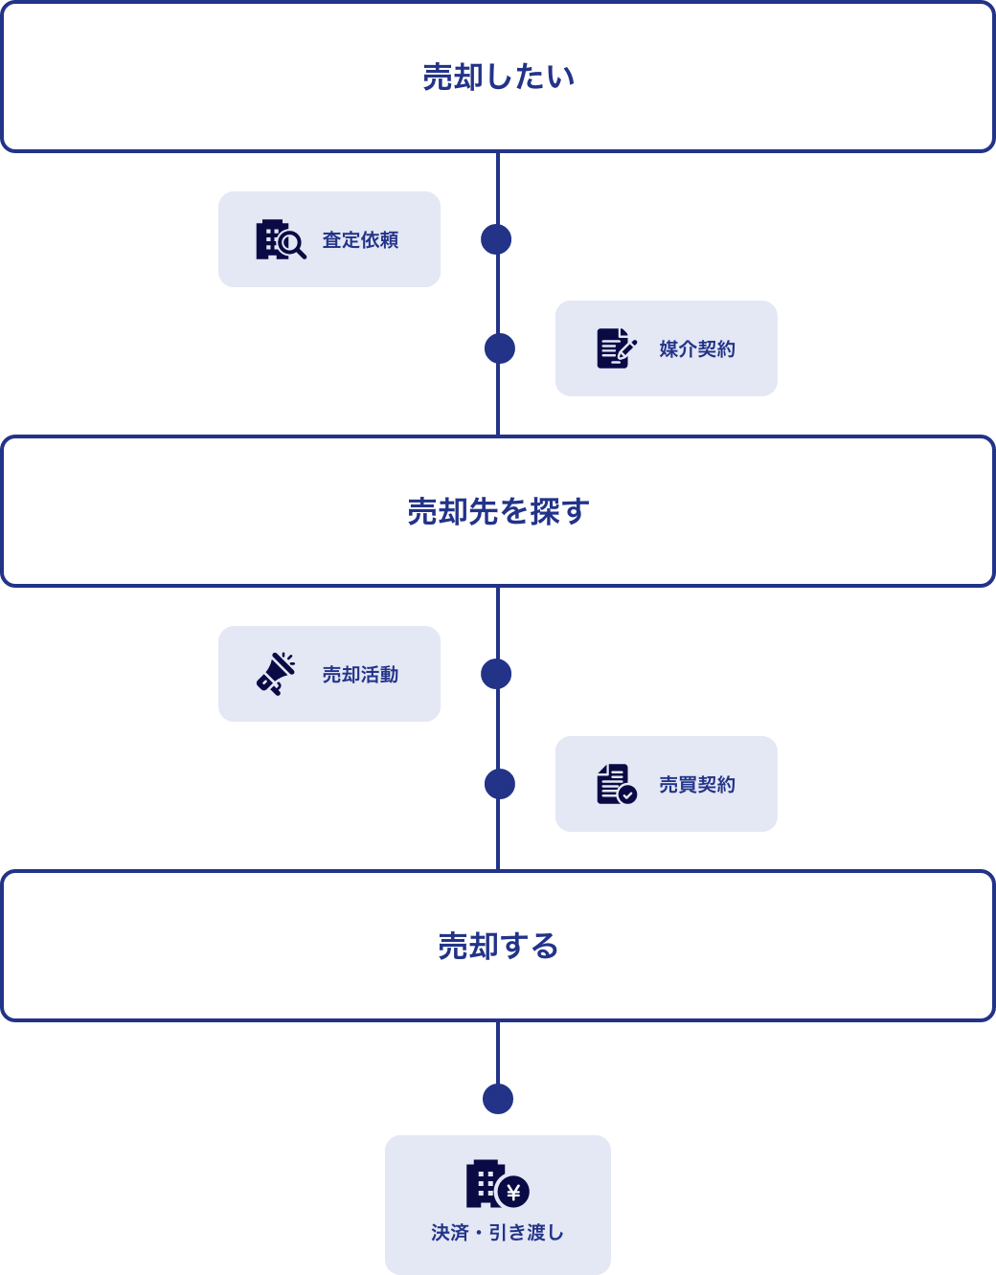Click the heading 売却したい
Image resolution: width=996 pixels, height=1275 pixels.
[x=498, y=77]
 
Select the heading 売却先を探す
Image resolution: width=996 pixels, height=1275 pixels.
[x=498, y=511]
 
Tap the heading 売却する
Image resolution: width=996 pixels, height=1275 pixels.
[x=498, y=946]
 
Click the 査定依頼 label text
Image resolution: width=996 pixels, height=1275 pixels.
[x=360, y=240]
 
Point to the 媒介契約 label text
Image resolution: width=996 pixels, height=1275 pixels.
[x=697, y=349]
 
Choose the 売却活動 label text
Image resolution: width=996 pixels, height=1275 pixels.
[x=360, y=675]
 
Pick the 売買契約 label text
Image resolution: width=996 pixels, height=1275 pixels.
[x=697, y=785]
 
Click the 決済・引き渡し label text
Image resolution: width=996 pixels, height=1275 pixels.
[x=498, y=1233]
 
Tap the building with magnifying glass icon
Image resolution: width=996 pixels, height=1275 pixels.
[x=280, y=239]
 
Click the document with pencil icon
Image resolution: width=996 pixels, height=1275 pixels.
[x=616, y=348]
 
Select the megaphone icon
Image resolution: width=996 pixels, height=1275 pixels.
[x=276, y=674]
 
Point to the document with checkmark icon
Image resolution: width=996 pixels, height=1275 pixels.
[x=616, y=784]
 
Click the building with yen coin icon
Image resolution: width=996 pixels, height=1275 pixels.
[x=496, y=1184]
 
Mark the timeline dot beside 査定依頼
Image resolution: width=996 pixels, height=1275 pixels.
[x=496, y=239]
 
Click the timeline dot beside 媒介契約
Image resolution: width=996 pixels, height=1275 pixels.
[x=500, y=348]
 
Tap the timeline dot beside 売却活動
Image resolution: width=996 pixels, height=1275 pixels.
[x=496, y=674]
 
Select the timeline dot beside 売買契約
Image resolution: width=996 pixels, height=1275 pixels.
[x=500, y=784]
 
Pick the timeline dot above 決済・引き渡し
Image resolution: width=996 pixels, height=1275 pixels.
[x=498, y=1099]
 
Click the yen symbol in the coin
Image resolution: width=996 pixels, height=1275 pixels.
[x=514, y=1192]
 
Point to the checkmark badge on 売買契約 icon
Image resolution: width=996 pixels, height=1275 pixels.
[x=627, y=794]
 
